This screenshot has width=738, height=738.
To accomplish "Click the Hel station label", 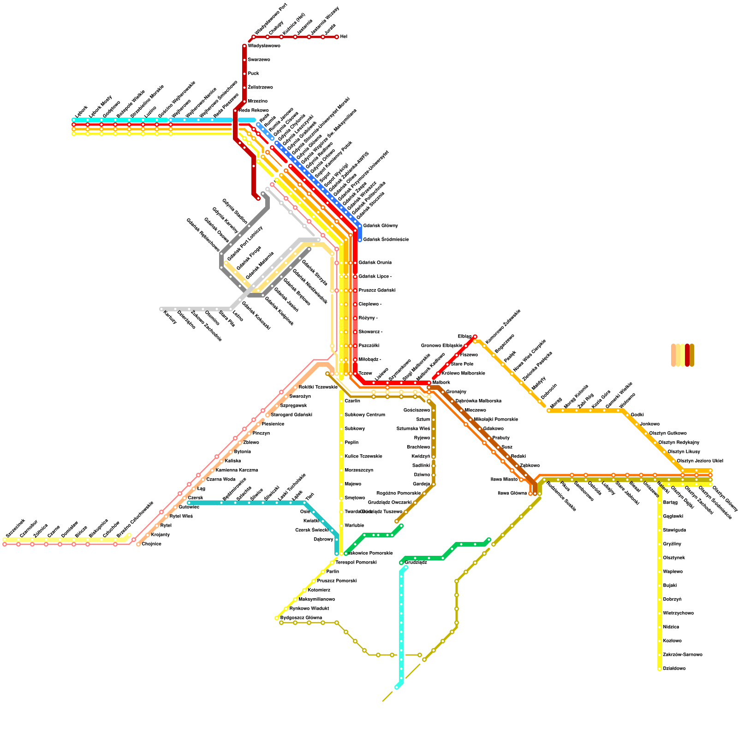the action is tap(344, 37).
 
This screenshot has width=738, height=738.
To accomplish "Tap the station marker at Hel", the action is tap(337, 37).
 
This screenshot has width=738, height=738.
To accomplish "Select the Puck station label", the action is tap(253, 74).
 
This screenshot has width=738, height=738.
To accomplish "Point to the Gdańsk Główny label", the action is tap(380, 226).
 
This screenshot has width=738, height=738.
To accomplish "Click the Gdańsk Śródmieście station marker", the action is tap(360, 240).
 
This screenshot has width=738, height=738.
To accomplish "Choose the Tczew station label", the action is tap(365, 374).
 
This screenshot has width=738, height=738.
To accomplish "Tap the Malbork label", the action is tap(441, 383).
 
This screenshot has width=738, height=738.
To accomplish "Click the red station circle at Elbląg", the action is tap(475, 337).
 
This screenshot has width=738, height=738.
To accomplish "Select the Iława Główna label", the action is tap(512, 494).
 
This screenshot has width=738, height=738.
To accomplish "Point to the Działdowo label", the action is tap(674, 669).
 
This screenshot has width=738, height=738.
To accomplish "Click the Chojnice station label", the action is tap(151, 544).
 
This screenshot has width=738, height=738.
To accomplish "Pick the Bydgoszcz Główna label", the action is tap(301, 618).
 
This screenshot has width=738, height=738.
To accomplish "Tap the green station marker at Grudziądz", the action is tap(401, 563).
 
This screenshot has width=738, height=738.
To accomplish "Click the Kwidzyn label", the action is tap(421, 457).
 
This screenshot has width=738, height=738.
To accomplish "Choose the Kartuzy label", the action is tap(170, 317).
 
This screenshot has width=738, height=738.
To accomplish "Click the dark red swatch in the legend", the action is tap(687, 355).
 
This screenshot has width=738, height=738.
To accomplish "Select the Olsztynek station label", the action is tap(673, 558).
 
